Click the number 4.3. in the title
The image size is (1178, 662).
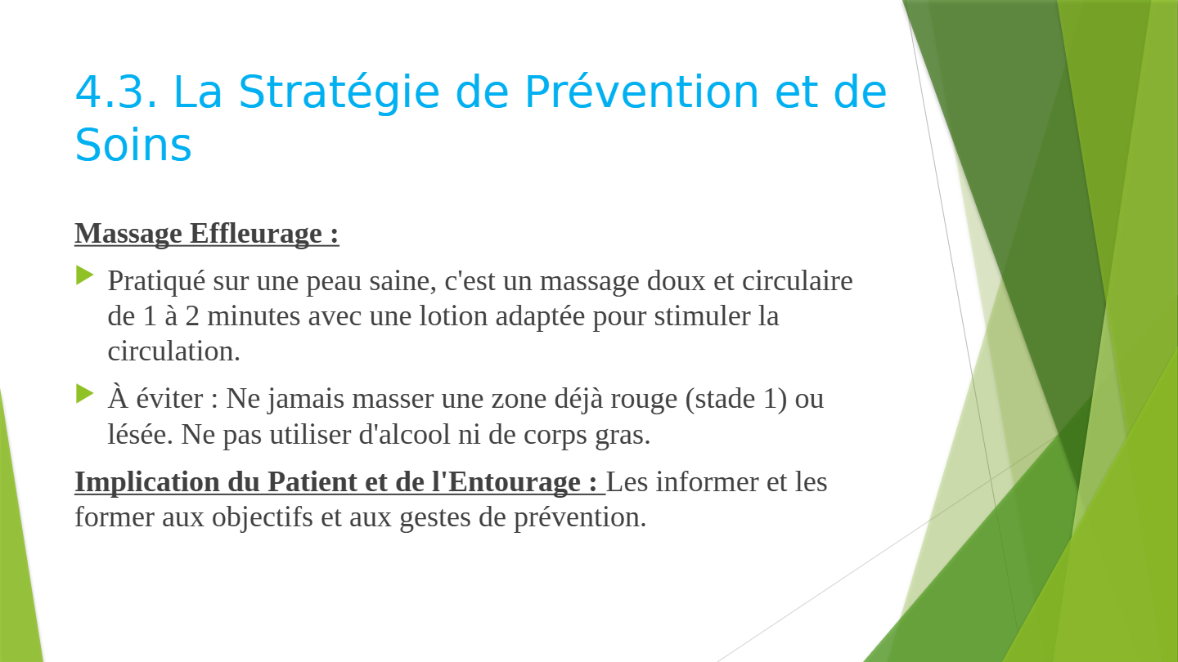click(116, 92)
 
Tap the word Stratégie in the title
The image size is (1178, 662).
click(339, 92)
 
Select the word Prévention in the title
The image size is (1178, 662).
click(641, 92)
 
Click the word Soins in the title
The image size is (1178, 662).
click(133, 145)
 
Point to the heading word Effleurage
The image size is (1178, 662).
click(255, 233)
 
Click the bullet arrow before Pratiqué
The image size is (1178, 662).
click(85, 275)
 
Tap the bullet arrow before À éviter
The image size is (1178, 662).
click(85, 394)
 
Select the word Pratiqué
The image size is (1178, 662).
click(156, 281)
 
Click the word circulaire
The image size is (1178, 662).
click(798, 280)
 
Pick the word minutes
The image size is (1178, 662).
click(254, 316)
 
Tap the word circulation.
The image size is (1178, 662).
click(173, 351)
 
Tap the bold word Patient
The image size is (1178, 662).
click(312, 482)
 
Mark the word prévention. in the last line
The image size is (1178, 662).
click(580, 518)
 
